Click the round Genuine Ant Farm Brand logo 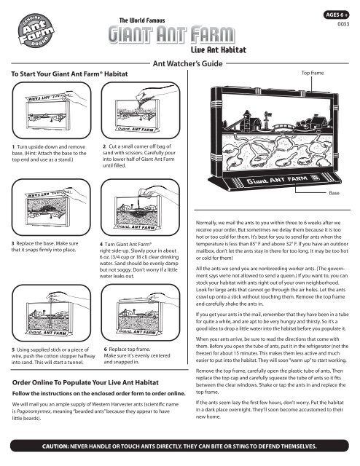coord(36,31)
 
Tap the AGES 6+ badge coord(336,15)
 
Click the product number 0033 coord(343,24)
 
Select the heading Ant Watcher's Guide coord(188,63)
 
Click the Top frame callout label coord(313,73)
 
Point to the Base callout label coord(334,193)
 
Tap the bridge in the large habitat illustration coord(283,127)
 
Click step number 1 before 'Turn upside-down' coord(13,147)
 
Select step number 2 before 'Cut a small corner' coord(104,146)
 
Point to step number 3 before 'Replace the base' coord(13,243)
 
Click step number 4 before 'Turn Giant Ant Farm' coord(101,245)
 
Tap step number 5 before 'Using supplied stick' coord(13,349)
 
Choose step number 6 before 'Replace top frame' coord(106,349)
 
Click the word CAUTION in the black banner coord(55,446)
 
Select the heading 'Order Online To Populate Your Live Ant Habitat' coord(85,382)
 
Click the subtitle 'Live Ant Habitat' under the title coord(219,50)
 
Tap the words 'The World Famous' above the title coord(142,20)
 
